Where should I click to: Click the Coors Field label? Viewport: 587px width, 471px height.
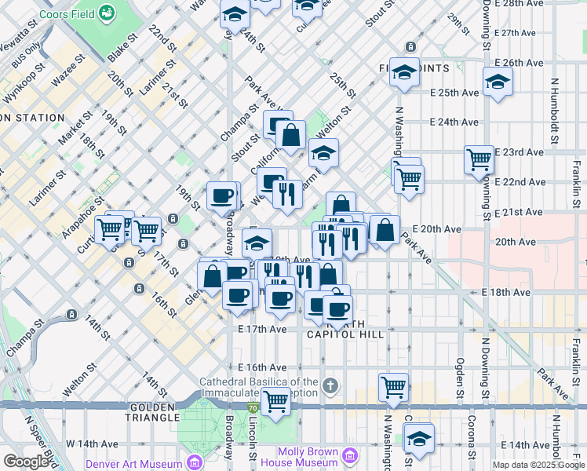[x=62, y=13]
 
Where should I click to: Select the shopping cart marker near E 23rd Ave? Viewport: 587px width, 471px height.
[x=479, y=160]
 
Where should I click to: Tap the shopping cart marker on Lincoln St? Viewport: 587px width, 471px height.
[x=275, y=401]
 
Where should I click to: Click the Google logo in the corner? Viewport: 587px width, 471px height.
[x=25, y=462]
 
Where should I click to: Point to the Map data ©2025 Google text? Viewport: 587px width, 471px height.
[x=538, y=465]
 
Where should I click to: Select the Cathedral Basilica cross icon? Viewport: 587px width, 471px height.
[x=330, y=385]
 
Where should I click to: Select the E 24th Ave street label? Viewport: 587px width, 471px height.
[x=454, y=122]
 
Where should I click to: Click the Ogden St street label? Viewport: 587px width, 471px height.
[x=461, y=369]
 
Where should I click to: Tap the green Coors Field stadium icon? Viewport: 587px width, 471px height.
[x=108, y=13]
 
